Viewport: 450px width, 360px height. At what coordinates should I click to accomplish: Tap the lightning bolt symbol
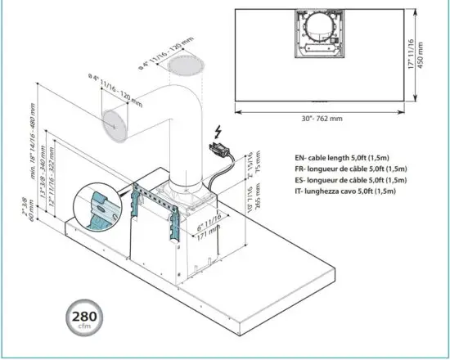[x=218, y=132]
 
